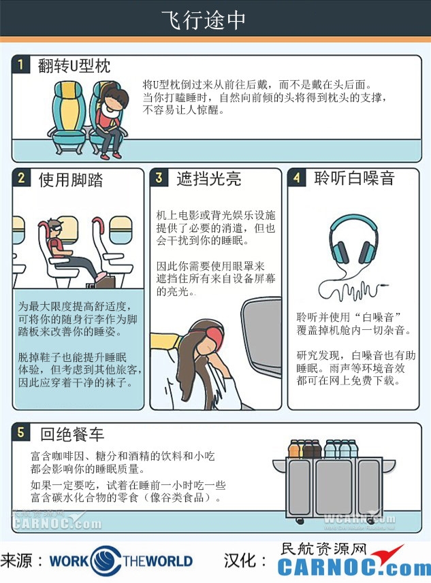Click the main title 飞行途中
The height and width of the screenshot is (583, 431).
click(x=203, y=20)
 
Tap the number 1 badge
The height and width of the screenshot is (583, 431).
click(x=21, y=65)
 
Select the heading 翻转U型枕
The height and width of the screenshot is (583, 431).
click(x=74, y=66)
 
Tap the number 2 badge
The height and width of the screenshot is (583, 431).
click(x=22, y=178)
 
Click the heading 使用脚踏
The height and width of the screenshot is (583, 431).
click(x=71, y=180)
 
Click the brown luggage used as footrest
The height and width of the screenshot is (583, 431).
click(x=98, y=282)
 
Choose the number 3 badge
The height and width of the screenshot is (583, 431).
click(x=159, y=178)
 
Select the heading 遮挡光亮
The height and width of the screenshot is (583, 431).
click(x=209, y=179)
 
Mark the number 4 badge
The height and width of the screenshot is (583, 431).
click(x=297, y=178)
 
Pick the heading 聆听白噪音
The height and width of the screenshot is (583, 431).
click(x=354, y=178)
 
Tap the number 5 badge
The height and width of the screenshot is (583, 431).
click(x=21, y=433)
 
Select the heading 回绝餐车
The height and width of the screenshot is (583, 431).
click(x=72, y=434)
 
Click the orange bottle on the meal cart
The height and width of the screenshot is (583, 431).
click(x=294, y=449)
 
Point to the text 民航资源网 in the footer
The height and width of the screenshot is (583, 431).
click(x=323, y=549)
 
